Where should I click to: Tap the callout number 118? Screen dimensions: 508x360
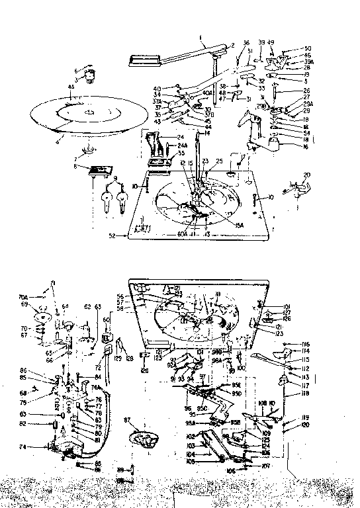(x=306, y=394)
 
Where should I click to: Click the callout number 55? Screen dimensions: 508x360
(x=163, y=153)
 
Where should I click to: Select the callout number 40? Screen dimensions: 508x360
(x=157, y=89)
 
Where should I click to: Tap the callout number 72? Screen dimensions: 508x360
(x=97, y=366)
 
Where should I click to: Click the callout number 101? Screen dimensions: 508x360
(x=287, y=306)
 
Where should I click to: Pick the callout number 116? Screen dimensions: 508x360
(x=306, y=345)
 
